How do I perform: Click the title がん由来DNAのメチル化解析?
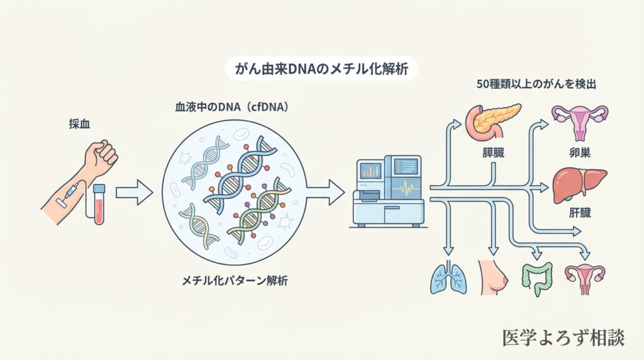(x=321, y=69)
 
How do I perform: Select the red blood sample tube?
(x=99, y=204)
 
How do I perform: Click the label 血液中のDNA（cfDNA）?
(x=231, y=108)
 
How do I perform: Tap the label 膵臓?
(x=493, y=152)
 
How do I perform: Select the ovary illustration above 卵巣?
(x=579, y=121)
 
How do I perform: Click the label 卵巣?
(x=579, y=152)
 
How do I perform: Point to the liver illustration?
(x=579, y=183)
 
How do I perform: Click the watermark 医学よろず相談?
(x=563, y=337)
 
